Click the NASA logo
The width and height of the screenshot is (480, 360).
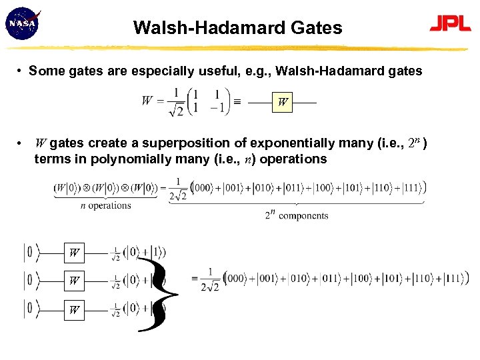click(x=22, y=24)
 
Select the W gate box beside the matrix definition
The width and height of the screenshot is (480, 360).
click(x=283, y=103)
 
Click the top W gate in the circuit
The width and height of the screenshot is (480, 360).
click(x=75, y=253)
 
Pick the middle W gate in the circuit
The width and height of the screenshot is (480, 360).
click(x=75, y=281)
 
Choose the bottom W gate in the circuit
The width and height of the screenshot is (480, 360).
click(x=75, y=310)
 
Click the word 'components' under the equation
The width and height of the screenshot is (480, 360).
click(x=303, y=215)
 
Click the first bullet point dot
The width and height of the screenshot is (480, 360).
click(x=21, y=71)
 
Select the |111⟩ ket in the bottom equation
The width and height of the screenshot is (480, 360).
click(x=454, y=278)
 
